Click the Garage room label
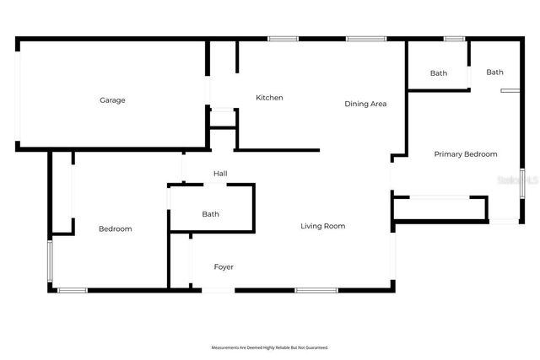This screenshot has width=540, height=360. pyautogui.click(x=112, y=100)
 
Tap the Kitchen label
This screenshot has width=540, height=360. pyautogui.click(x=269, y=98)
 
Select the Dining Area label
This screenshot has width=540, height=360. pyautogui.click(x=365, y=104)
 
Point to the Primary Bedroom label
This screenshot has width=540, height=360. pyautogui.click(x=465, y=154)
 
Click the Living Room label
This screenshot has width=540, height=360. pyautogui.click(x=324, y=226)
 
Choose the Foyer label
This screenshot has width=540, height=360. pyautogui.click(x=223, y=267)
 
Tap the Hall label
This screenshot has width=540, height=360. pyautogui.click(x=220, y=174)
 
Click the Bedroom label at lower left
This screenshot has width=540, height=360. pyautogui.click(x=115, y=228)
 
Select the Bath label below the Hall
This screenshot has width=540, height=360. pyautogui.click(x=210, y=214)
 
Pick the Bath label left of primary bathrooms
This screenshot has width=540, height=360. pyautogui.click(x=438, y=73)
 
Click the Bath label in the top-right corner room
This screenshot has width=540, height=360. pyautogui.click(x=494, y=73)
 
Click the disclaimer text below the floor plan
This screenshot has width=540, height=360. pyautogui.click(x=269, y=347)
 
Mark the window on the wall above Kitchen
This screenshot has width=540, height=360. pyautogui.click(x=283, y=38)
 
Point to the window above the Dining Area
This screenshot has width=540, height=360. pyautogui.click(x=366, y=38)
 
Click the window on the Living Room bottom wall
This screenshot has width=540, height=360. pyautogui.click(x=316, y=291)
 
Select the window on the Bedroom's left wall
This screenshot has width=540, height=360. pyautogui.click(x=49, y=261)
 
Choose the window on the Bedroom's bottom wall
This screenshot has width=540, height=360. pyautogui.click(x=73, y=291)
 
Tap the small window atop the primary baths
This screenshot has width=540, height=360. pyautogui.click(x=454, y=38)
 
